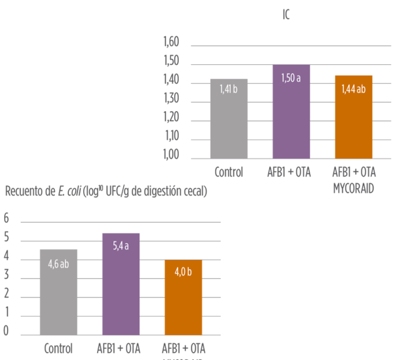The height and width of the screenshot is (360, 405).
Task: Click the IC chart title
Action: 286,14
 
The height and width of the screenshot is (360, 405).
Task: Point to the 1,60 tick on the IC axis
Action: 171,42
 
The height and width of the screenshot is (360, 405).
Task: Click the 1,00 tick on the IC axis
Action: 171,156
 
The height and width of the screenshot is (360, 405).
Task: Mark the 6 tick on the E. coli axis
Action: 7,218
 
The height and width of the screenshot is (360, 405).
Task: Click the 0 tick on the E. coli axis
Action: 7,331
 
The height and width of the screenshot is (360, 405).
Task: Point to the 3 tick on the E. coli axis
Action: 7,275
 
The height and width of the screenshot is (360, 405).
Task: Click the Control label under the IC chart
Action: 229,172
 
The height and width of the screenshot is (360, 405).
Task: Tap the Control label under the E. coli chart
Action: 58,349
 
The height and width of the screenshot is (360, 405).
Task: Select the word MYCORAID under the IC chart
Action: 354,189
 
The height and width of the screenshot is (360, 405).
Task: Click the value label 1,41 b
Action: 229,89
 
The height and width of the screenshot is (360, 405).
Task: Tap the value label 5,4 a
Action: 120,245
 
